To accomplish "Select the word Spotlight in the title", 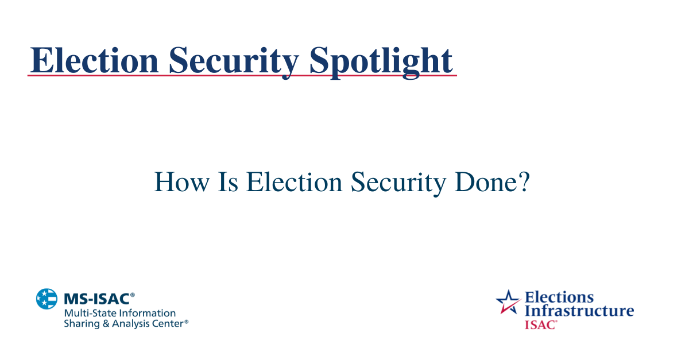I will [x=381, y=60].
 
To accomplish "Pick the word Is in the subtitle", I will [x=229, y=183].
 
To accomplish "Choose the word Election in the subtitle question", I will [x=295, y=183].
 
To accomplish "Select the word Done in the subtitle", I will [x=484, y=183].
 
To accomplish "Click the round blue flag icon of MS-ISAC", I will [x=47, y=299].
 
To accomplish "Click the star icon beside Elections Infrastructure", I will [x=508, y=302].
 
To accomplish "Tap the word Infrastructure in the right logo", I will [x=579, y=311].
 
